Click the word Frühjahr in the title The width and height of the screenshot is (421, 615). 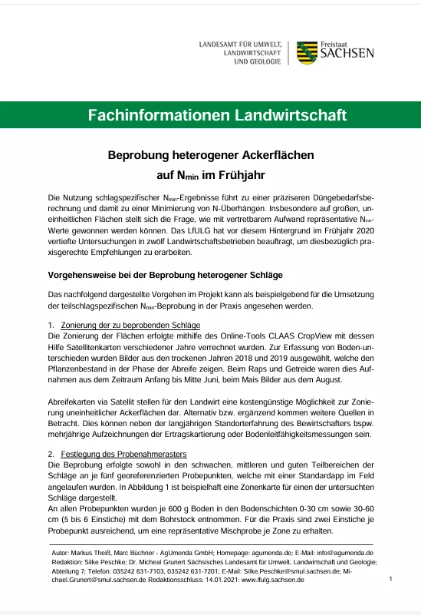(245, 174)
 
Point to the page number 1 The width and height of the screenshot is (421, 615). (390, 580)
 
